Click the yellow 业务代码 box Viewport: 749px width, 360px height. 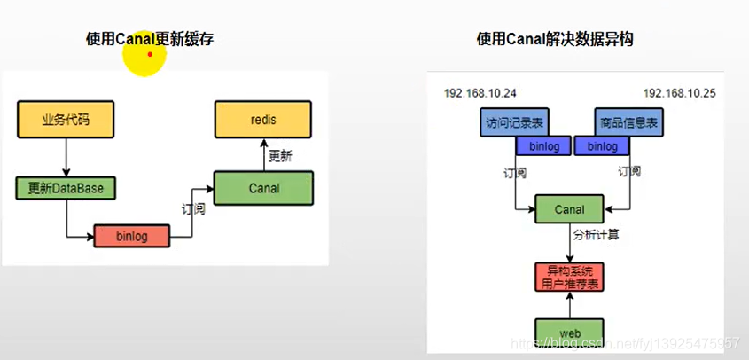coord(66,120)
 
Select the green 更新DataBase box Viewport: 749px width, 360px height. coord(66,188)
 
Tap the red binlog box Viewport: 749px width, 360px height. coord(131,237)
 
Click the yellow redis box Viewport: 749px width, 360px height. coord(263,120)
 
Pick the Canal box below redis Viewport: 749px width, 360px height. coord(263,188)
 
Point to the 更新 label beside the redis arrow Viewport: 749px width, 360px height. coord(280,155)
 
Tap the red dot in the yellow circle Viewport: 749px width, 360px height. coord(150,54)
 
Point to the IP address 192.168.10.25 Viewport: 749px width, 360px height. coord(678,93)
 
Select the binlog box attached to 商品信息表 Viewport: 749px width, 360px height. coord(602,145)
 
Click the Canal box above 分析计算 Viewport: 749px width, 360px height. coord(570,209)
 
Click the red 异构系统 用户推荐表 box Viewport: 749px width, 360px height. coord(570,278)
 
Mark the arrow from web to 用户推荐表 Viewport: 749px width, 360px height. coord(570,306)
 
